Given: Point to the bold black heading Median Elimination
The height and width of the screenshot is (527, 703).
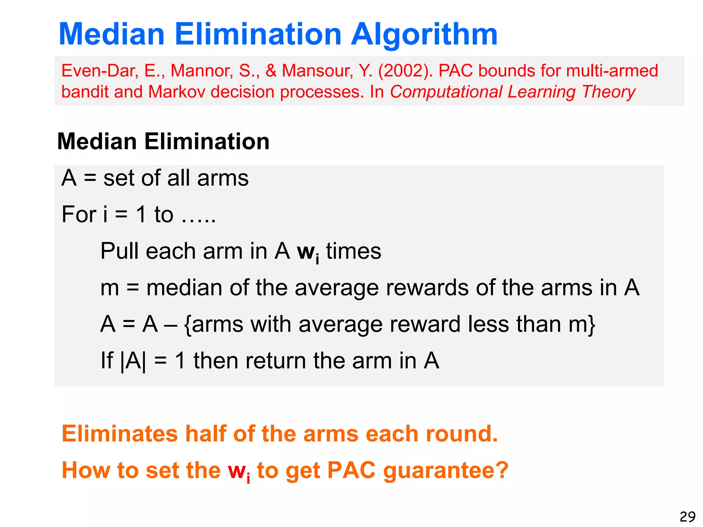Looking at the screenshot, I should pos(163,141).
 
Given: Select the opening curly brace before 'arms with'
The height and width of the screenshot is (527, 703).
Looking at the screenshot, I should pos(188,325).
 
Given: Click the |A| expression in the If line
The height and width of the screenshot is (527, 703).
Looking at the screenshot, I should pos(133,361).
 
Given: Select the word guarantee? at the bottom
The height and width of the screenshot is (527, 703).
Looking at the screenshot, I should pos(445,470).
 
